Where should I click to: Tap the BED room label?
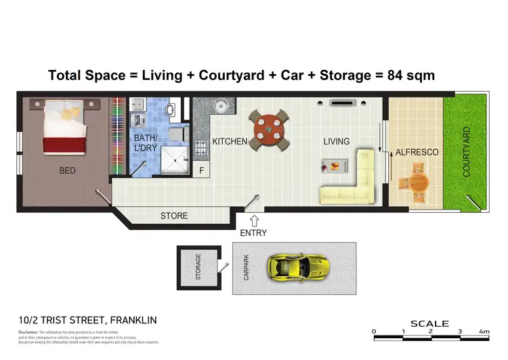(x=68, y=171)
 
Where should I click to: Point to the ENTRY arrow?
(x=253, y=220)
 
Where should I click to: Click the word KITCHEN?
(x=229, y=142)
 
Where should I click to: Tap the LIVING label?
(x=336, y=142)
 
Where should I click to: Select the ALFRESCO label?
(x=412, y=153)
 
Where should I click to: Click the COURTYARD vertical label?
(x=466, y=153)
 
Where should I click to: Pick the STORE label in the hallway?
(x=174, y=216)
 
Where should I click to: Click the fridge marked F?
(x=201, y=171)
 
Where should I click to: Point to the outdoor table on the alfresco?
(x=413, y=185)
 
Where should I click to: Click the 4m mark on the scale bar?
(x=484, y=332)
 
